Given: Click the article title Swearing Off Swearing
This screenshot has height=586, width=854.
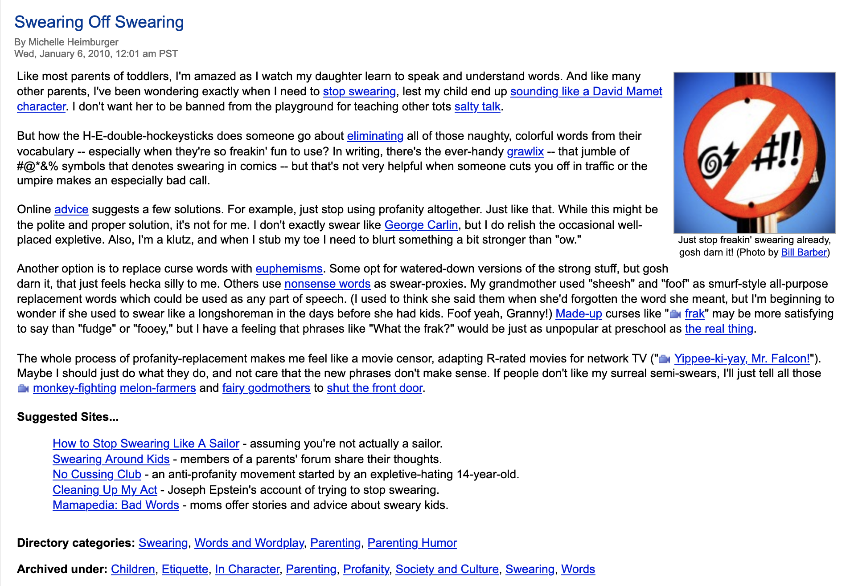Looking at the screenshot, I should (99, 22).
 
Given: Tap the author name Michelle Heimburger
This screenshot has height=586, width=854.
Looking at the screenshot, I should (73, 42).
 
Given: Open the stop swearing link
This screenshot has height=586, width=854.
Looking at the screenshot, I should (359, 92).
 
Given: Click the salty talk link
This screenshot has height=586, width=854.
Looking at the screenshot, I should (477, 107).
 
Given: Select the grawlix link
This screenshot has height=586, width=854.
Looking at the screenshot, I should (525, 152).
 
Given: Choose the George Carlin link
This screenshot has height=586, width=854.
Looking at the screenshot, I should (421, 225).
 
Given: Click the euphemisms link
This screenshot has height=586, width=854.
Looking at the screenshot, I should (289, 269).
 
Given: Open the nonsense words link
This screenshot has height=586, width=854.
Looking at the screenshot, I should (327, 284).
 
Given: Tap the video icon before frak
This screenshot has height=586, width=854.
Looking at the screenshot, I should (675, 314).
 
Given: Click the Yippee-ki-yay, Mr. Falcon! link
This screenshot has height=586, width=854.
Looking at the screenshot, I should (742, 359).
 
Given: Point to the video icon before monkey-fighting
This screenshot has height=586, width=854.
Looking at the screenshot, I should (23, 389).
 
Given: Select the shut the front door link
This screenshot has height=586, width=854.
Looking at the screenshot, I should (374, 388).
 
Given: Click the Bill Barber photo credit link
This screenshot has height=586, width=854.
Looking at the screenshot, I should (804, 252).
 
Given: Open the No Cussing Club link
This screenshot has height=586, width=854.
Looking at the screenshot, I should (97, 475).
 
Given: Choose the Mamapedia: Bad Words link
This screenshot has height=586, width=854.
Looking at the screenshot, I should (116, 505).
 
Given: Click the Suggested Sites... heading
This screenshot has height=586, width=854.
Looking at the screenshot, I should (68, 417).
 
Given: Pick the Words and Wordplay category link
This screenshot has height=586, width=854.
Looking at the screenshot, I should (249, 543).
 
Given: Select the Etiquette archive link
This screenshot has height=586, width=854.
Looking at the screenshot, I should (185, 570).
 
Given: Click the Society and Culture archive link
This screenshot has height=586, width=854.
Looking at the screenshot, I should (447, 570).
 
